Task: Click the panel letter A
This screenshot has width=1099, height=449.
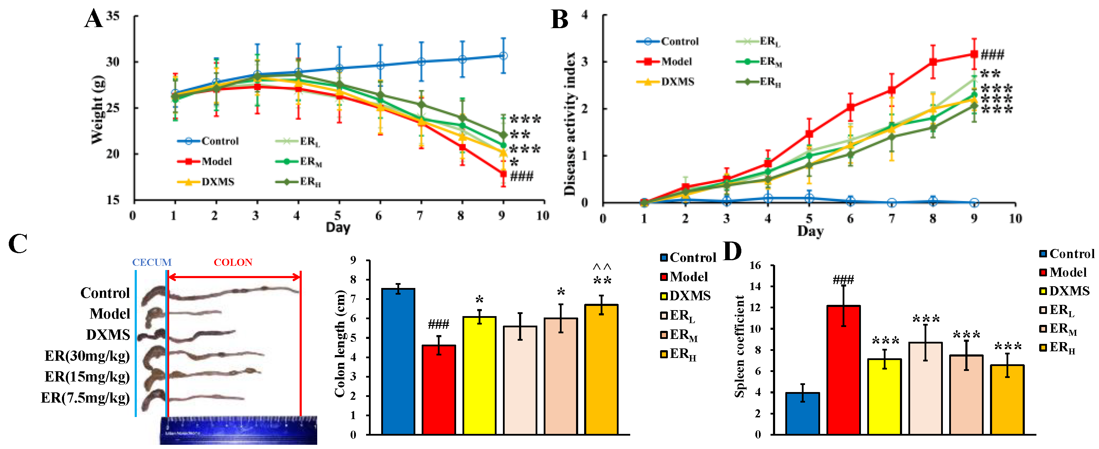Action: (x=94, y=19)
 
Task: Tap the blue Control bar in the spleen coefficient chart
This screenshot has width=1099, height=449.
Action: (x=803, y=413)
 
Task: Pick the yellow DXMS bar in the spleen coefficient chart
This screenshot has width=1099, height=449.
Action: (x=884, y=397)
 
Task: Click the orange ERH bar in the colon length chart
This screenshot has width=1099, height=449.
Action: (x=601, y=369)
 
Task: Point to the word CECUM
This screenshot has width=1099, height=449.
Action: (x=152, y=262)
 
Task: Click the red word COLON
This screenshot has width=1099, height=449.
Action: (x=233, y=262)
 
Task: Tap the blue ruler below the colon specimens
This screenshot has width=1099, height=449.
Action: (x=239, y=430)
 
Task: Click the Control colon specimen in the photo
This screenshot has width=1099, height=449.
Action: (x=222, y=293)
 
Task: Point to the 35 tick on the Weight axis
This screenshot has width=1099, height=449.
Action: (x=113, y=16)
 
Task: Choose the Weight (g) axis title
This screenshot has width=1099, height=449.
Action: (x=98, y=110)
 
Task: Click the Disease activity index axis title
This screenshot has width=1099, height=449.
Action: (x=570, y=124)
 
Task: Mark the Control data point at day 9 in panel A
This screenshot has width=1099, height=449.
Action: (x=503, y=56)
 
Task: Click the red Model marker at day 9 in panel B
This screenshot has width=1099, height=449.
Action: (x=974, y=54)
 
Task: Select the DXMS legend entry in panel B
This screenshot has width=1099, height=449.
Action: (x=665, y=82)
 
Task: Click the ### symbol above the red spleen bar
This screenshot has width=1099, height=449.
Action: (x=843, y=280)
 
